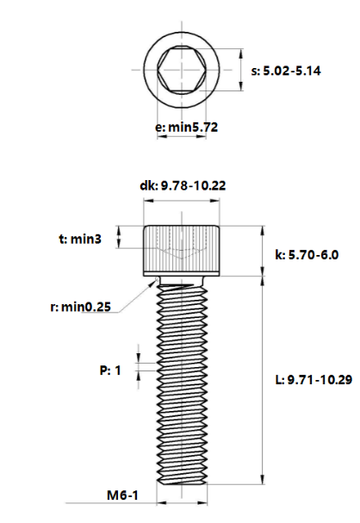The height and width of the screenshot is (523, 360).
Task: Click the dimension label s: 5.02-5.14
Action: coord(286,72)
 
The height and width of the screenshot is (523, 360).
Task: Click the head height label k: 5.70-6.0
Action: coord(307,255)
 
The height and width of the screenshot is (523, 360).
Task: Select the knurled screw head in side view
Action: coord(182,250)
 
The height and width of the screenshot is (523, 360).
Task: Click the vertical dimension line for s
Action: coord(238,69)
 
